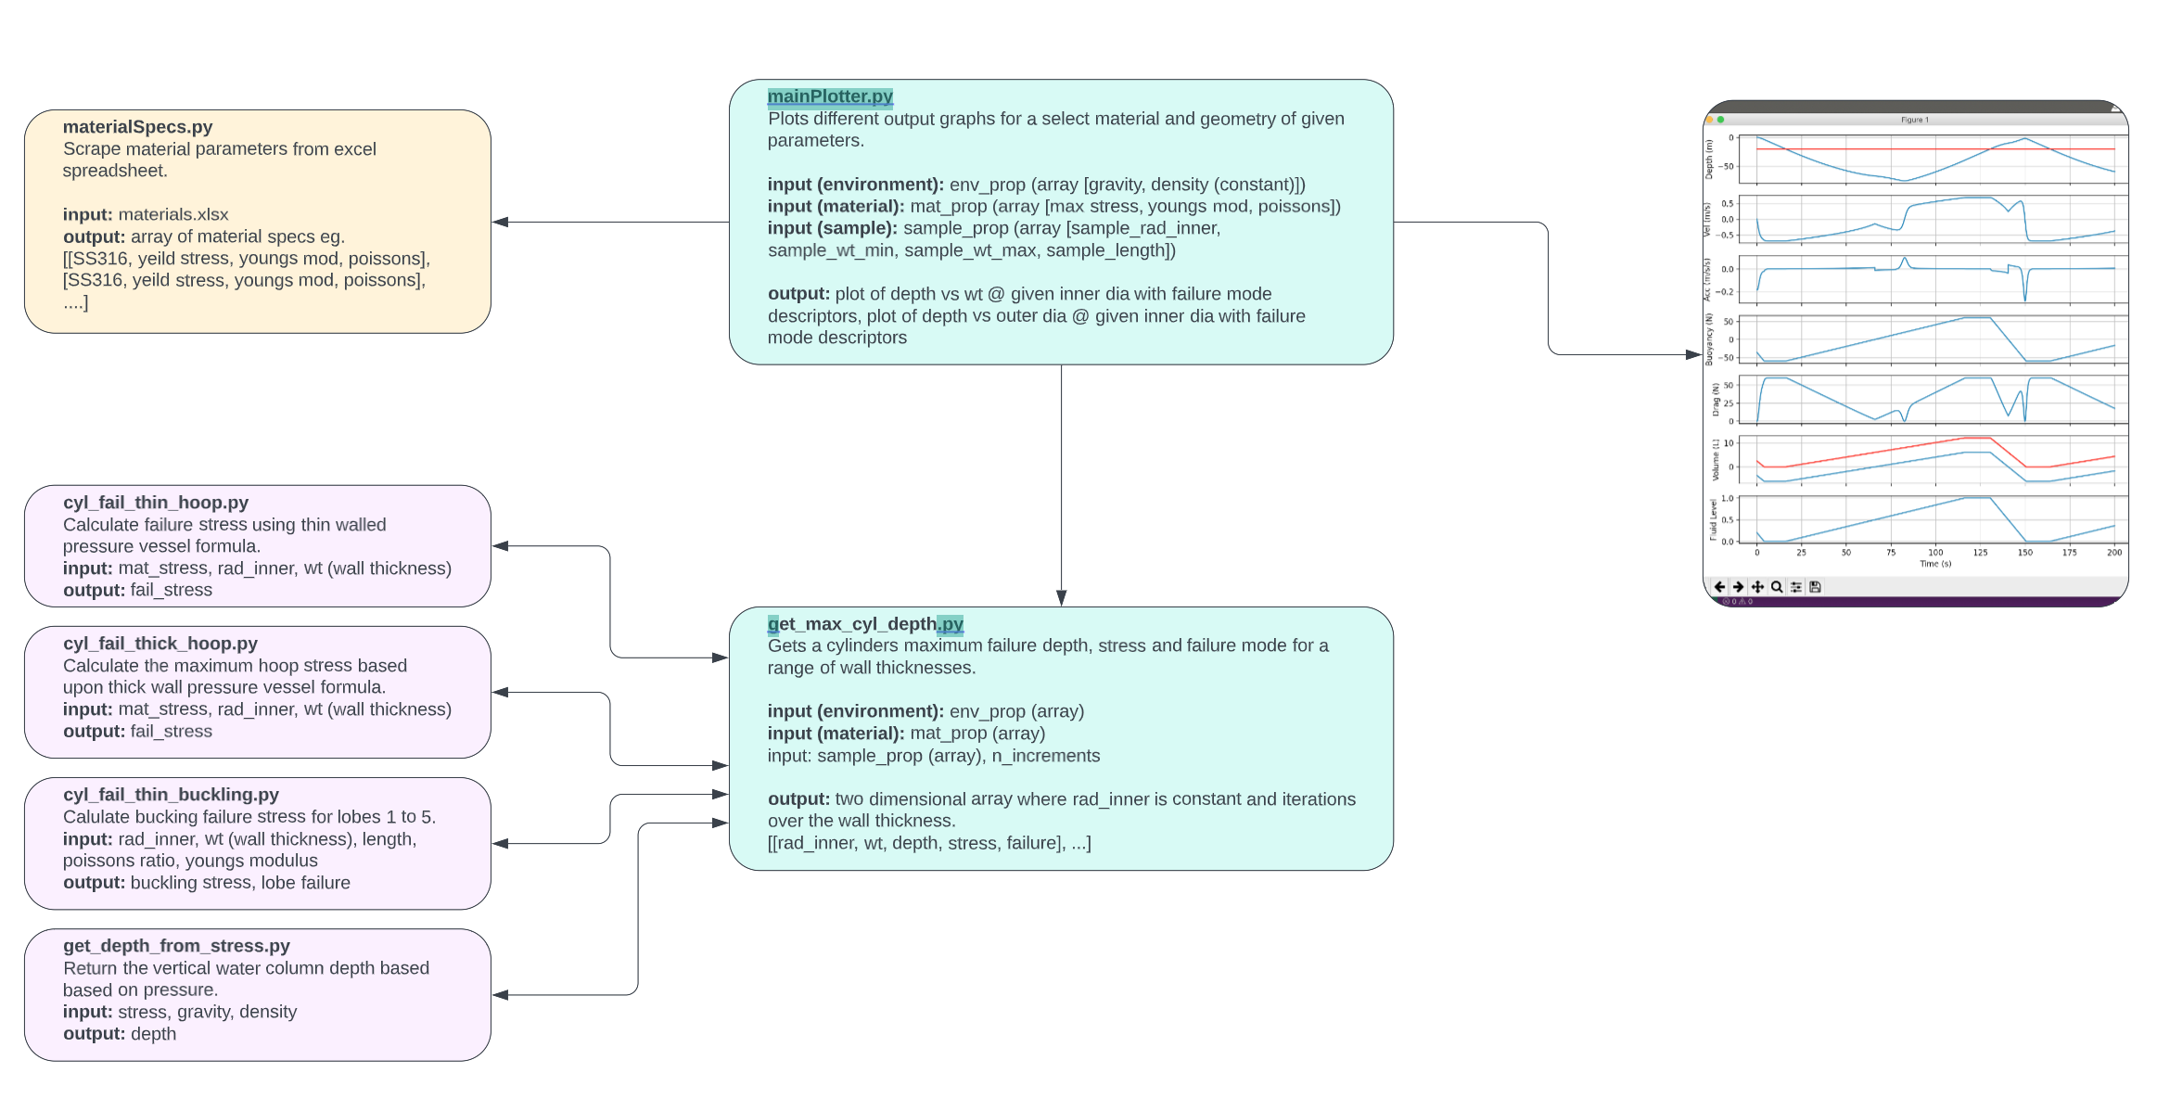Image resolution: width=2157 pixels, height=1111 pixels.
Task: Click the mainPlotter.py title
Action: coord(829,96)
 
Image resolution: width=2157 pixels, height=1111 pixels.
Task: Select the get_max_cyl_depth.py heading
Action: coord(864,624)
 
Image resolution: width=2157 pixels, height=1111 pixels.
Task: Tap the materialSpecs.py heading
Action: coord(137,127)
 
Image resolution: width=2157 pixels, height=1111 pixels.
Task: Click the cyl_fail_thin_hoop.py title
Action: coord(155,503)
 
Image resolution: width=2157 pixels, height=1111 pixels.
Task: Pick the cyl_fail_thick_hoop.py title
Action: coord(160,644)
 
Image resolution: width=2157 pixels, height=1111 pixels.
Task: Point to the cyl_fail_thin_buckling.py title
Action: coord(171,795)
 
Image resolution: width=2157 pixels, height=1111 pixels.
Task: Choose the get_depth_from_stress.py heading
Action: coord(176,946)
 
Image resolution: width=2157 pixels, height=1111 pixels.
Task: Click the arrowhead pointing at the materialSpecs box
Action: coord(501,223)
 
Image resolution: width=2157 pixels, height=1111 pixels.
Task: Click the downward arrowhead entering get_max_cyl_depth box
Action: coord(1061,598)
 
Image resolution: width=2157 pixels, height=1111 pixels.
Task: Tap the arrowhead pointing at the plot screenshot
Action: coord(1692,354)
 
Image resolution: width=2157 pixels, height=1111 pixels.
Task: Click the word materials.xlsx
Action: coord(172,215)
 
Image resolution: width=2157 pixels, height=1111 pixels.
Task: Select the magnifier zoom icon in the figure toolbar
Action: coord(1776,587)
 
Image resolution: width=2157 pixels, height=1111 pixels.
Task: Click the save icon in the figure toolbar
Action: coord(1815,587)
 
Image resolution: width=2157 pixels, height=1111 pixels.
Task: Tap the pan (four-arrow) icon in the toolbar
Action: coord(1756,587)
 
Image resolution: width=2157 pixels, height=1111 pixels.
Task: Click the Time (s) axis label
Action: coord(1934,564)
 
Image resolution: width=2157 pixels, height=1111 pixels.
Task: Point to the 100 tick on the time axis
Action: coord(1935,553)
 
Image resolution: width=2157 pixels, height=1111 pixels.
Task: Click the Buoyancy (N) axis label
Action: coord(1710,338)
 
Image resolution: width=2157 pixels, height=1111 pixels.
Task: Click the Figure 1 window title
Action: coord(1914,120)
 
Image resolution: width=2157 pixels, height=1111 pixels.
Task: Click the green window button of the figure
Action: coord(1720,120)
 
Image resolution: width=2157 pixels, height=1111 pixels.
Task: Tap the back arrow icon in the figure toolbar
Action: coord(1719,587)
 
